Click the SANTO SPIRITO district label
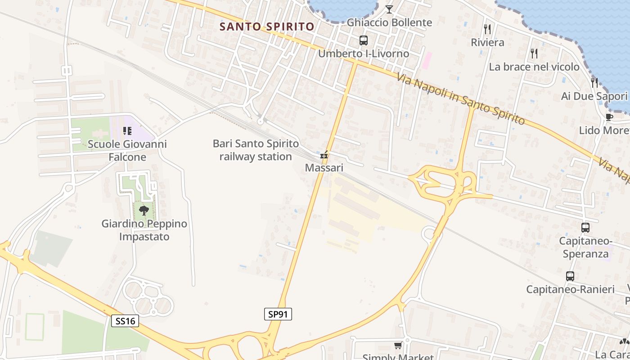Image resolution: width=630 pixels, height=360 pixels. click(x=266, y=27)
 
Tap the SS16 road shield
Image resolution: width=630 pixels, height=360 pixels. click(x=125, y=321)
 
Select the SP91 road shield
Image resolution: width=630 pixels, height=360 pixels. click(x=278, y=314)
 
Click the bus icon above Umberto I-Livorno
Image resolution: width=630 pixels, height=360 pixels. click(x=364, y=40)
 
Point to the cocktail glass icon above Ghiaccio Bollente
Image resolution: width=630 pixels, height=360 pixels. click(x=389, y=9)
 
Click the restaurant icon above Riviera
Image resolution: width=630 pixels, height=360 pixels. click(x=487, y=29)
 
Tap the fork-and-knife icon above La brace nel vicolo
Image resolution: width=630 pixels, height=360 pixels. click(x=534, y=54)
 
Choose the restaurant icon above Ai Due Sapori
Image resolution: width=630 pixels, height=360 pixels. click(x=594, y=83)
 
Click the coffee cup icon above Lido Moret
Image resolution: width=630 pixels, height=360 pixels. click(x=609, y=117)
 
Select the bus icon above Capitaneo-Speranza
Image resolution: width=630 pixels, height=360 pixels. click(x=585, y=228)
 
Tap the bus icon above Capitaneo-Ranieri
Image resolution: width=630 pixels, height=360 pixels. click(x=570, y=276)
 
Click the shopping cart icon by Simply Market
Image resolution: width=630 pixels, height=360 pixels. click(x=398, y=346)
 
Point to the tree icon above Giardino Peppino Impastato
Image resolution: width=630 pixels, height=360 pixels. click(x=144, y=210)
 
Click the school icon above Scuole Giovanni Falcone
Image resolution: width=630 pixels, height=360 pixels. click(x=127, y=131)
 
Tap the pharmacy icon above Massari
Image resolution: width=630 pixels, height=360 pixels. click(x=324, y=155)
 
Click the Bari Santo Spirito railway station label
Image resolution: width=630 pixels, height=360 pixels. click(x=256, y=150)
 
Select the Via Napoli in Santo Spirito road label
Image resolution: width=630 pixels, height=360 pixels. click(x=460, y=99)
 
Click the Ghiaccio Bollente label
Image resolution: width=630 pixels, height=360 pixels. click(x=389, y=22)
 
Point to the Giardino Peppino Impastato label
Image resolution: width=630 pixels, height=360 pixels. click(x=144, y=230)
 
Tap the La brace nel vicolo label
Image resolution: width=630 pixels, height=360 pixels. click(x=534, y=67)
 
